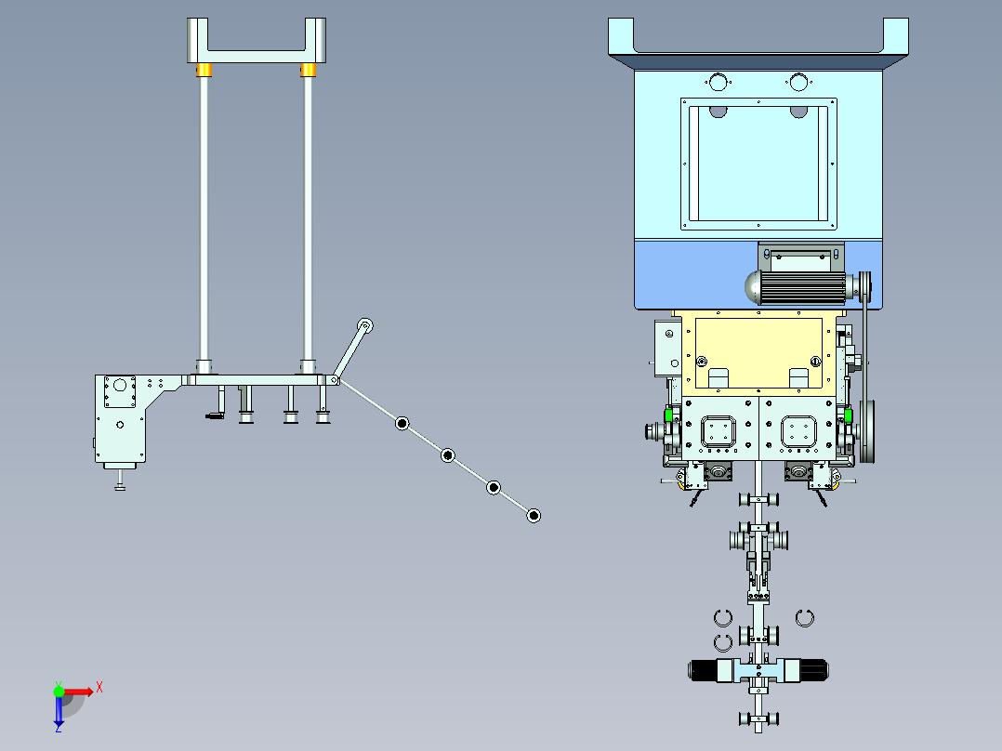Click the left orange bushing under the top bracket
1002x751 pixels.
click(x=204, y=70)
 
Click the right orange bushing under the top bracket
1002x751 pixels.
click(x=308, y=70)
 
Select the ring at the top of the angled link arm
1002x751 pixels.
click(x=365, y=326)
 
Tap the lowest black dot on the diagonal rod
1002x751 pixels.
click(x=534, y=515)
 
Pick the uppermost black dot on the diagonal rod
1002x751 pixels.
click(x=402, y=423)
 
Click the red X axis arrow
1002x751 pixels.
click(x=79, y=692)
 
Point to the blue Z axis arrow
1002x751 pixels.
click(x=59, y=711)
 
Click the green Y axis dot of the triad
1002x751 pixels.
click(x=59, y=692)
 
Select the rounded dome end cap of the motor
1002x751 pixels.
click(x=751, y=287)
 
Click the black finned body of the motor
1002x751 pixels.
click(x=802, y=287)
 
